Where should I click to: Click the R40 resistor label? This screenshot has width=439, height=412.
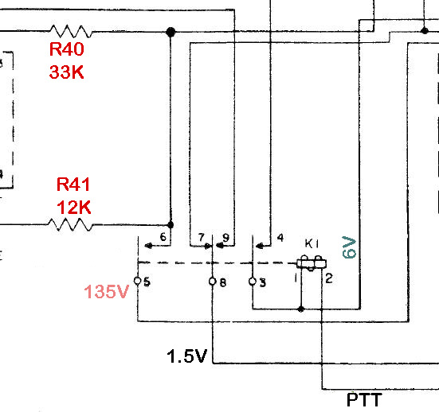[67, 49]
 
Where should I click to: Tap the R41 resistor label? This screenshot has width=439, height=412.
[73, 185]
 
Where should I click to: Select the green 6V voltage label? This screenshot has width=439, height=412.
[349, 247]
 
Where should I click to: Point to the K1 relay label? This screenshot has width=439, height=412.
[312, 243]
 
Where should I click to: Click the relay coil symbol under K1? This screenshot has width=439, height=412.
[311, 262]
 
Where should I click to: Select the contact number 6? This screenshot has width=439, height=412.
[163, 237]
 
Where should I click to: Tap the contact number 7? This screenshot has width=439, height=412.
[201, 237]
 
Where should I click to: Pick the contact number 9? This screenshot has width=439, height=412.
[225, 237]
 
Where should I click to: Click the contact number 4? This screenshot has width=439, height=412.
[279, 237]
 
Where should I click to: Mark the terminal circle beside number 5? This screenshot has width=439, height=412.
[138, 281]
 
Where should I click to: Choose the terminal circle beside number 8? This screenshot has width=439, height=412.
[213, 281]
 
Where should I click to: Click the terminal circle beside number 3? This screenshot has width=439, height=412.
[253, 281]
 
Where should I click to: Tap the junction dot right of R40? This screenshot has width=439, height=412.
[170, 32]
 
